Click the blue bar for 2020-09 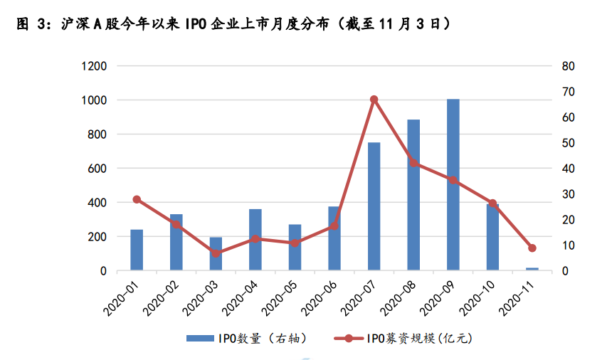coord(453,185)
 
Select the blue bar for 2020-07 coord(374,206)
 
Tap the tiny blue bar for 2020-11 coord(532,269)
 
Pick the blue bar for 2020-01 coord(137,250)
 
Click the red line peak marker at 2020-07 coord(374,100)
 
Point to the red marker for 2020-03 coord(216,253)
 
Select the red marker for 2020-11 coord(532,248)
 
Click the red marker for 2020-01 coord(137,200)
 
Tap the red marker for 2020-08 coord(413,163)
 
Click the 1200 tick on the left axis coord(94,66)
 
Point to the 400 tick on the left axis coord(97,203)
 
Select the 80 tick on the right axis coord(567,66)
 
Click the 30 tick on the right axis coord(567,194)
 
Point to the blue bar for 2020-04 coord(255,240)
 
